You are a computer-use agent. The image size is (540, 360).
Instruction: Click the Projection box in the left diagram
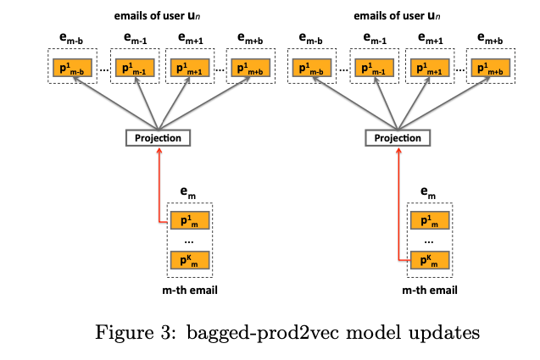(x=158, y=138)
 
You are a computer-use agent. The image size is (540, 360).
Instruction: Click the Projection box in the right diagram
(x=398, y=138)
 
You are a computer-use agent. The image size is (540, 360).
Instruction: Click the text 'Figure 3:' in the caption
(x=136, y=332)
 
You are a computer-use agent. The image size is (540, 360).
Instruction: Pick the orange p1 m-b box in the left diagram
(x=72, y=68)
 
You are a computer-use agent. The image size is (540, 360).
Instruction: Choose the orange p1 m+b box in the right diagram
(x=490, y=68)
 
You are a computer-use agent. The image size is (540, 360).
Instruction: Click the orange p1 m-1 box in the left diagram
(x=135, y=68)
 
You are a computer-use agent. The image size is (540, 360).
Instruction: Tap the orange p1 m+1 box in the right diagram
(x=430, y=68)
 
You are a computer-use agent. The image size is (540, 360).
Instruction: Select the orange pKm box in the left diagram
(x=190, y=260)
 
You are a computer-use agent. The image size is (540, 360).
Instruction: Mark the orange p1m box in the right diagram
(x=430, y=220)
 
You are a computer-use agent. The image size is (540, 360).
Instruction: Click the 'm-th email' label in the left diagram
(x=190, y=291)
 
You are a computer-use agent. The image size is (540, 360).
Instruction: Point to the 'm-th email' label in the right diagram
(x=430, y=291)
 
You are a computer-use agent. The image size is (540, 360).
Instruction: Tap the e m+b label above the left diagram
(x=250, y=39)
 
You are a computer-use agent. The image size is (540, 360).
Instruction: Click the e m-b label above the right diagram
(x=310, y=39)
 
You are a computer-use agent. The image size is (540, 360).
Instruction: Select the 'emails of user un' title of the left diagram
(x=157, y=15)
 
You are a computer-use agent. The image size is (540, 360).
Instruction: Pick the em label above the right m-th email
(x=428, y=193)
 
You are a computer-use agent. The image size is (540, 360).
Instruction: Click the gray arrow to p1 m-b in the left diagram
(x=115, y=103)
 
